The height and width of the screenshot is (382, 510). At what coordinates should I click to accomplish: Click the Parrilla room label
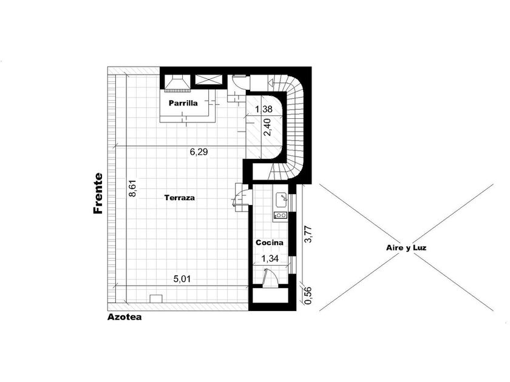[x=183, y=103]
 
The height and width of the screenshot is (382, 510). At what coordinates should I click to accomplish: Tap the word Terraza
[x=180, y=198]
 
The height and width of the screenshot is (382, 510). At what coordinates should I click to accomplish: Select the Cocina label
[x=270, y=243]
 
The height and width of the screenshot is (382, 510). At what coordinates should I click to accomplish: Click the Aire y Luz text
[x=406, y=248]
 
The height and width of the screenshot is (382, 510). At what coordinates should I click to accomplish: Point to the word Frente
[x=98, y=193]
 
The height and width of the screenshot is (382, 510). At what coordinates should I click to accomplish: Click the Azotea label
[x=124, y=317]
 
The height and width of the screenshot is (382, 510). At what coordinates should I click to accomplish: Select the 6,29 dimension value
[x=199, y=152]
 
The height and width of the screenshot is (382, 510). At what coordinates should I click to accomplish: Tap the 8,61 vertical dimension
[x=133, y=188]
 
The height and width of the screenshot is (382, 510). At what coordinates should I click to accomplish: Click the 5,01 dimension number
[x=182, y=279]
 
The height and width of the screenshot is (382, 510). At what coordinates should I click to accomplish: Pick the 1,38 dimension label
[x=263, y=109]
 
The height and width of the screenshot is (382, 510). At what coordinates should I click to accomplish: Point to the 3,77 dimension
[x=308, y=234]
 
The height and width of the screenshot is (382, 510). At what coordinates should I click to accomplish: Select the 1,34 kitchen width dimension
[x=270, y=258]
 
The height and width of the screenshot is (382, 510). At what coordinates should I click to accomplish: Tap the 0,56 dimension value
[x=308, y=295]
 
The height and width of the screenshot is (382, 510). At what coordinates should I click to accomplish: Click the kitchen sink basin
[x=281, y=199]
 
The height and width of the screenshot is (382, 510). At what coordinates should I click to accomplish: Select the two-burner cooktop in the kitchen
[x=280, y=215]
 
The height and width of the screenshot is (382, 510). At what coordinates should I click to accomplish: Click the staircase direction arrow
[x=271, y=83]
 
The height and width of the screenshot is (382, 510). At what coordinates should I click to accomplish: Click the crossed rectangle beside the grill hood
[x=208, y=79]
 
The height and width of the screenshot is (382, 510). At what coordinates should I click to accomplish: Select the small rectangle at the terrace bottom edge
[x=156, y=298]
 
